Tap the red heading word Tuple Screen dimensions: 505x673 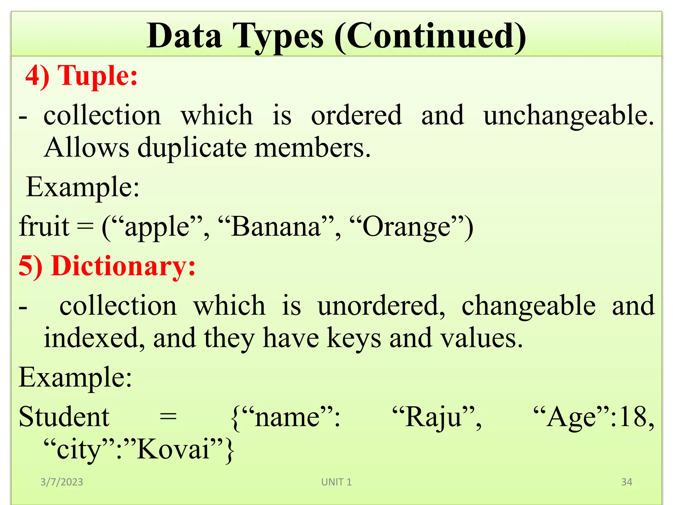(x=97, y=76)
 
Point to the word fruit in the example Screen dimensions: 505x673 (x=44, y=227)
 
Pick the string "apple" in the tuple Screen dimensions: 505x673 (x=157, y=227)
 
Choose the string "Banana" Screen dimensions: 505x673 (x=276, y=227)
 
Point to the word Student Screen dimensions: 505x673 (x=64, y=417)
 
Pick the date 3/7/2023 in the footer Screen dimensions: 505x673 (x=62, y=482)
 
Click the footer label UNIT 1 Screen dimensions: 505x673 (x=336, y=482)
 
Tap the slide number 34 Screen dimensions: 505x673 (x=627, y=482)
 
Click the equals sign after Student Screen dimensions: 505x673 (x=168, y=417)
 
